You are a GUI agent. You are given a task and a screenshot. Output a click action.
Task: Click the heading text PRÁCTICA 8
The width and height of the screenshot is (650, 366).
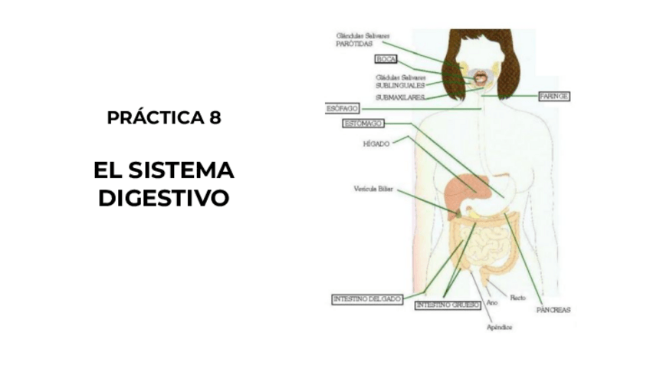click(164, 118)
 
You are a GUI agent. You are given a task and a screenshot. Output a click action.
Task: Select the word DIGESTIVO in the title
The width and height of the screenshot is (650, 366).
click(164, 198)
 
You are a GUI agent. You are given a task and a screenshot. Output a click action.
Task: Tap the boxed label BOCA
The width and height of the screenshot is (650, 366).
click(385, 59)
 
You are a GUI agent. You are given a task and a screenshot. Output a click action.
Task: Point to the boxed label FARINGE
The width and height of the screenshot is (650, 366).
click(553, 97)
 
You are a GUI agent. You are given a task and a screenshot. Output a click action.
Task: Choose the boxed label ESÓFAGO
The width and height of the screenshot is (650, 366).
click(343, 109)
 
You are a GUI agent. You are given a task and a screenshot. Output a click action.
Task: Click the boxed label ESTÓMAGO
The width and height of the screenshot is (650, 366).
click(363, 124)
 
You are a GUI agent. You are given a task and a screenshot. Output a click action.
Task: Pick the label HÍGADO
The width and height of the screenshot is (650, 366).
click(376, 143)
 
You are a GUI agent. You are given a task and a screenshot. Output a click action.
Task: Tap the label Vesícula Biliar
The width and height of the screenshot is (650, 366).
click(373, 189)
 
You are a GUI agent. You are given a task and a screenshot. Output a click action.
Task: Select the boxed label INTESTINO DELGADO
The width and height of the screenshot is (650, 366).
click(367, 299)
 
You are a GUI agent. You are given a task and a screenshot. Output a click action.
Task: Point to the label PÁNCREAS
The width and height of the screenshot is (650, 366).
click(553, 310)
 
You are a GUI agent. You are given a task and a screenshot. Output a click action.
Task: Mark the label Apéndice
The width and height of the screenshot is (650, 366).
click(499, 328)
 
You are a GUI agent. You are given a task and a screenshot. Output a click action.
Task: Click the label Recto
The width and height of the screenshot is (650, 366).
click(517, 297)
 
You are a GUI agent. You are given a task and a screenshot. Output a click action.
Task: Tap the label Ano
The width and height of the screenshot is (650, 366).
click(493, 303)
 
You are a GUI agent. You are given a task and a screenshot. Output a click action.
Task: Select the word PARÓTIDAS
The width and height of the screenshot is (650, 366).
click(355, 44)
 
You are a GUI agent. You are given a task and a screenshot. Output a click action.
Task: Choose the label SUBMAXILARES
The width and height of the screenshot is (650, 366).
click(400, 97)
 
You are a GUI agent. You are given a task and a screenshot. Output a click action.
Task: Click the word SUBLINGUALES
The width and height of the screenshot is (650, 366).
click(399, 85)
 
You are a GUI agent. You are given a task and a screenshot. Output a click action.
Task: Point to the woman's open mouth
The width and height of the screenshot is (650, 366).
click(480, 77)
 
